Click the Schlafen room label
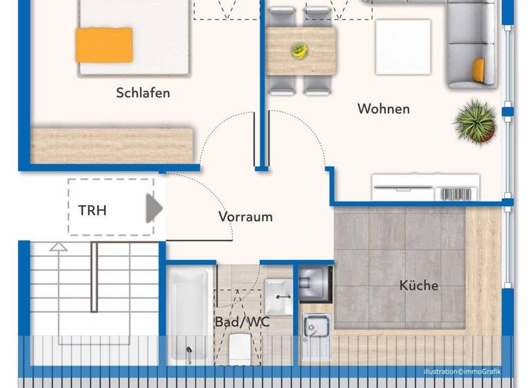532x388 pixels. point(143,93)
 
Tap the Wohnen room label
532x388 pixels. point(383,109)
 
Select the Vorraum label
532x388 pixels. point(245,217)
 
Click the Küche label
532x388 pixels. point(418,285)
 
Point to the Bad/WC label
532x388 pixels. point(242,322)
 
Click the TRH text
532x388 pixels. point(92,210)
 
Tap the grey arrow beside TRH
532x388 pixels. point(153,208)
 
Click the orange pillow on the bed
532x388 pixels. point(104,44)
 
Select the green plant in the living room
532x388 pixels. point(475,121)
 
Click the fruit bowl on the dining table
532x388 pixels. point(299,50)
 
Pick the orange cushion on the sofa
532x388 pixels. point(477,69)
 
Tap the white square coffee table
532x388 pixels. point(403,46)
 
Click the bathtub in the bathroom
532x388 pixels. point(189,315)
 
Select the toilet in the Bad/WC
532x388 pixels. point(239,346)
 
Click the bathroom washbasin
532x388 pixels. point(279,297)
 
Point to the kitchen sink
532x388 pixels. point(316,326)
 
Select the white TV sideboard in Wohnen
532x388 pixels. point(425,187)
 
